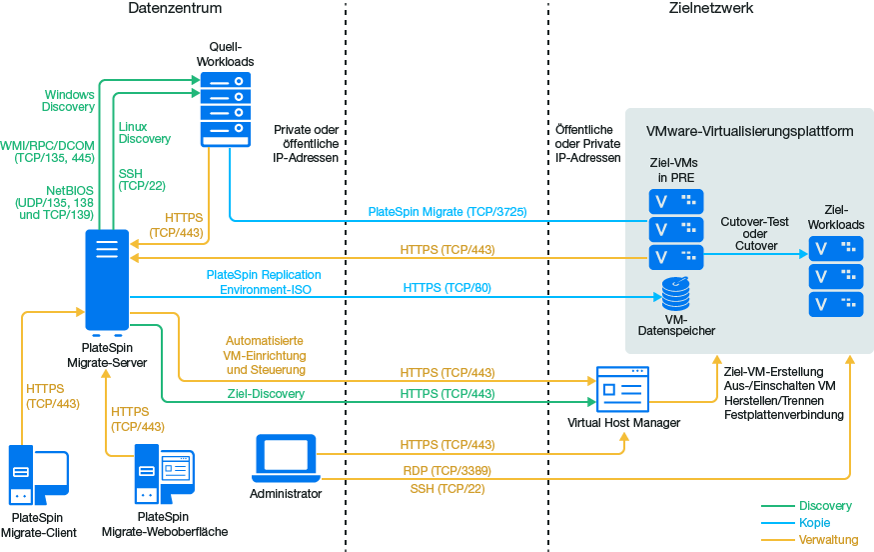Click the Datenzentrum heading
[x=175, y=9]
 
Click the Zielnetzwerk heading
[x=710, y=9]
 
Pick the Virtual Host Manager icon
[x=621, y=389]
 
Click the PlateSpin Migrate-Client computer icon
[x=38, y=477]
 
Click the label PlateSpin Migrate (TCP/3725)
[x=447, y=212]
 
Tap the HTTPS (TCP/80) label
[x=446, y=288]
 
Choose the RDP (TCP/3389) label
[x=446, y=470]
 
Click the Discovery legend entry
[x=825, y=506]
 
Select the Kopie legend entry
[x=814, y=523]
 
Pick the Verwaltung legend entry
[x=828, y=540]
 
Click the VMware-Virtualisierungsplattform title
[x=749, y=132]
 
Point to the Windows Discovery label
[x=69, y=101]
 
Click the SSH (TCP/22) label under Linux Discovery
[x=142, y=179]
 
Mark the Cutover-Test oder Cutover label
[x=755, y=235]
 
